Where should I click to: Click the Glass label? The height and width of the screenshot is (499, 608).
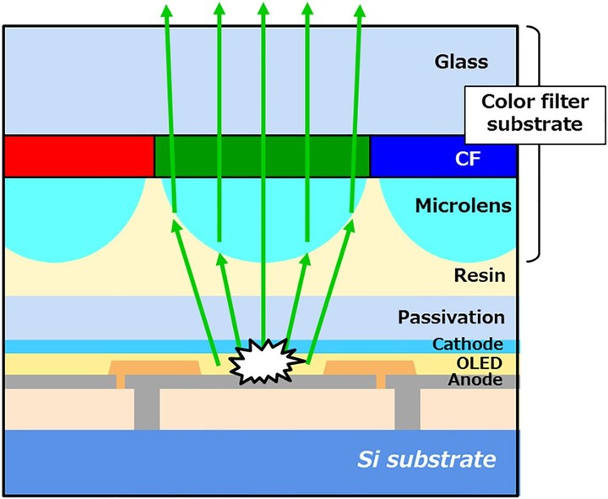[x=461, y=62]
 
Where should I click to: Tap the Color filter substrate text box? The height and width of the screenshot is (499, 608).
[x=535, y=115]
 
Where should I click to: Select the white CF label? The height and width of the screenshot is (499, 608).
[x=468, y=159]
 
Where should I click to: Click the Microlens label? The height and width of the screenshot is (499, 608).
[x=464, y=205]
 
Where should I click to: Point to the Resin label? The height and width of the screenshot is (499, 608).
[x=480, y=275]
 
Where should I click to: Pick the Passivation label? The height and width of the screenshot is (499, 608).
[x=451, y=317]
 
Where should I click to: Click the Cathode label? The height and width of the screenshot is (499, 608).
[x=468, y=344]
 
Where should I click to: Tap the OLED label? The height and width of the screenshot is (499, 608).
[x=480, y=363]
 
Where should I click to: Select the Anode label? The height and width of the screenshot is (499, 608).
[x=475, y=380]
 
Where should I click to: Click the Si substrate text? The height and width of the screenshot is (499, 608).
[x=426, y=459]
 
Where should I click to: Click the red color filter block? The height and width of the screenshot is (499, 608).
[x=79, y=156]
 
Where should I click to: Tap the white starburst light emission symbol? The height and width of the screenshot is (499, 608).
[x=265, y=361]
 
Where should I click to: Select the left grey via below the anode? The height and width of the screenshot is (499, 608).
[x=147, y=409]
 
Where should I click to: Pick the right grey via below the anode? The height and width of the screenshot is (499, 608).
[x=408, y=409]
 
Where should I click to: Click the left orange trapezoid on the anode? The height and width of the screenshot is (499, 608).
[x=155, y=368]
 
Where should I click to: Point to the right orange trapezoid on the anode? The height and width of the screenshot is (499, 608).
[x=370, y=368]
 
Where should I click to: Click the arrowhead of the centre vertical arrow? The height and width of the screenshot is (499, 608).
[x=263, y=8]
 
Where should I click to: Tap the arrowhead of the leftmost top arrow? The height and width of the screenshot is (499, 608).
[x=166, y=10]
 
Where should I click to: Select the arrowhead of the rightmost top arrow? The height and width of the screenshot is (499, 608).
[x=361, y=10]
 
